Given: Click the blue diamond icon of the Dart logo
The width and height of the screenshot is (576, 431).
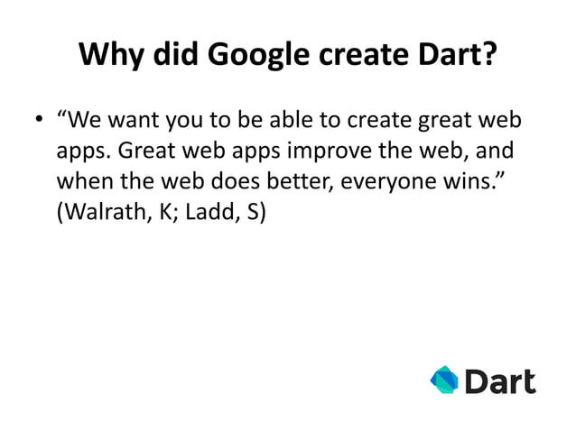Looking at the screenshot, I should point(444,380).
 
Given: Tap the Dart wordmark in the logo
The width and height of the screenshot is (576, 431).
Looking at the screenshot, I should point(499,380).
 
